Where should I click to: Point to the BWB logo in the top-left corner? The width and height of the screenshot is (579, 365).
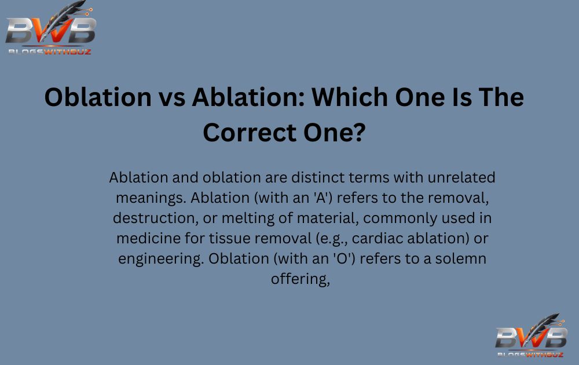50,29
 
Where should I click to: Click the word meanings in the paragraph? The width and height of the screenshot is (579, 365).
149,198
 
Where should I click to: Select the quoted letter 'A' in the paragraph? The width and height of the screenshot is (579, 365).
323,198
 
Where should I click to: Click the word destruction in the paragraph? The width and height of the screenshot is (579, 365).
149,218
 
